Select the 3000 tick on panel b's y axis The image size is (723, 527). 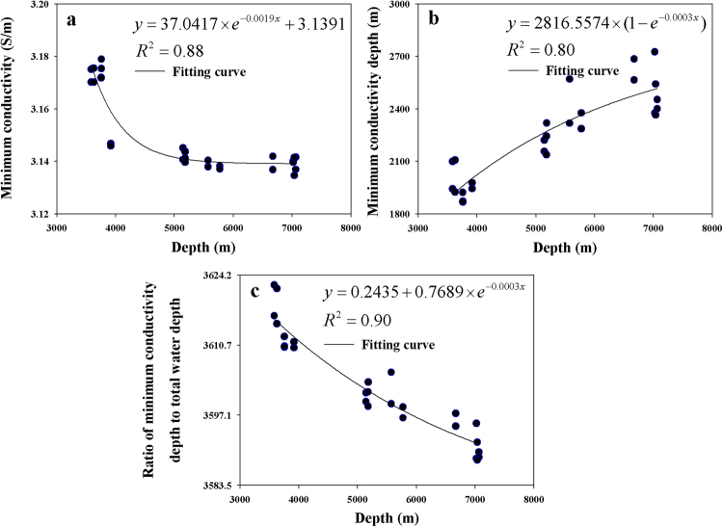coord(398,6)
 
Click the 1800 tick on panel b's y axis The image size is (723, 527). coord(398,213)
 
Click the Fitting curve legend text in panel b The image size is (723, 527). coord(582,70)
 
